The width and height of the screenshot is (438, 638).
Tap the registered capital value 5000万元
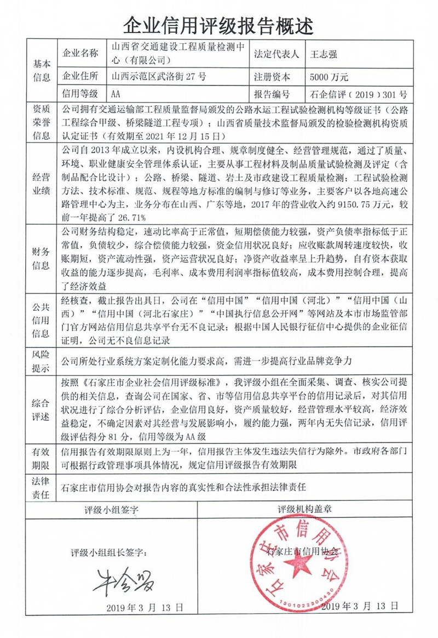[329, 76]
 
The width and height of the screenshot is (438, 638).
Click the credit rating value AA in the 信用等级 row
[116, 94]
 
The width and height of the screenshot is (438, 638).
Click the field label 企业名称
[81, 54]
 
